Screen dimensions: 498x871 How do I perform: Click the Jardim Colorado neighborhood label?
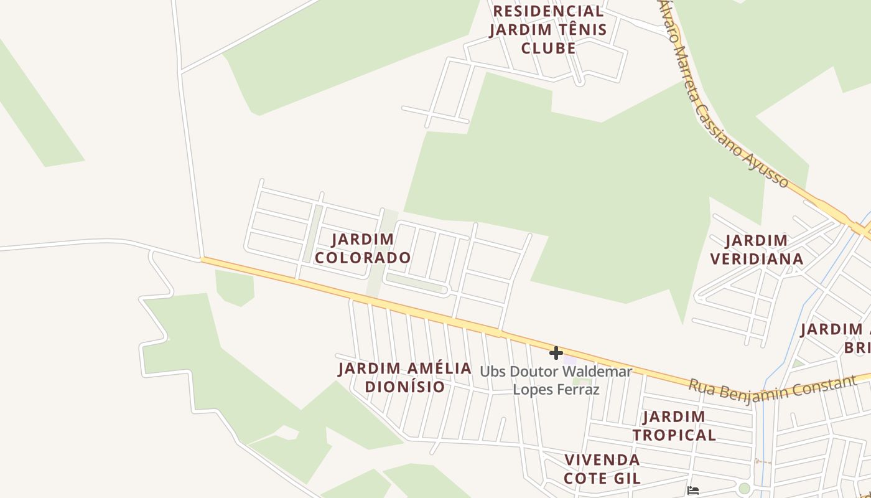(x=363, y=248)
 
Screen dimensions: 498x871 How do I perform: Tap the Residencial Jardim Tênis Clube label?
(x=548, y=29)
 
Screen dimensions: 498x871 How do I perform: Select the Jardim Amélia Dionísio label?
(x=405, y=377)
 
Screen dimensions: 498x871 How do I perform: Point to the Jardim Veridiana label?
(x=757, y=250)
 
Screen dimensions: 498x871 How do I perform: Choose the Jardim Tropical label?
(x=674, y=426)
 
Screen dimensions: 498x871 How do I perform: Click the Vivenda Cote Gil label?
(x=602, y=469)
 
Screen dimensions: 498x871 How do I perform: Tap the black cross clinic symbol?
(x=556, y=354)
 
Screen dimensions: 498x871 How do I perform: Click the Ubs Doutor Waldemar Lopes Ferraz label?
(x=556, y=380)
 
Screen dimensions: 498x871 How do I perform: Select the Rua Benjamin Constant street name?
(x=772, y=389)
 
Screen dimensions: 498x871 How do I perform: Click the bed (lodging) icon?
(x=693, y=491)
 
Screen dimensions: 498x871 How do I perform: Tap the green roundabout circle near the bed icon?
(x=744, y=489)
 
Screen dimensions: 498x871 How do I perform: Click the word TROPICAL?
(x=674, y=435)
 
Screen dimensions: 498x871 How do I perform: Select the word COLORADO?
(x=363, y=258)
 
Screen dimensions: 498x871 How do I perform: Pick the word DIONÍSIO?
(x=405, y=387)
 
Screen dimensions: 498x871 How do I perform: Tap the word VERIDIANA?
(x=757, y=259)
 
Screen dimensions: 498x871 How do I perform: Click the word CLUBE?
(x=548, y=48)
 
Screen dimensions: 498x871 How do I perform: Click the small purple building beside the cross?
(x=570, y=360)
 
